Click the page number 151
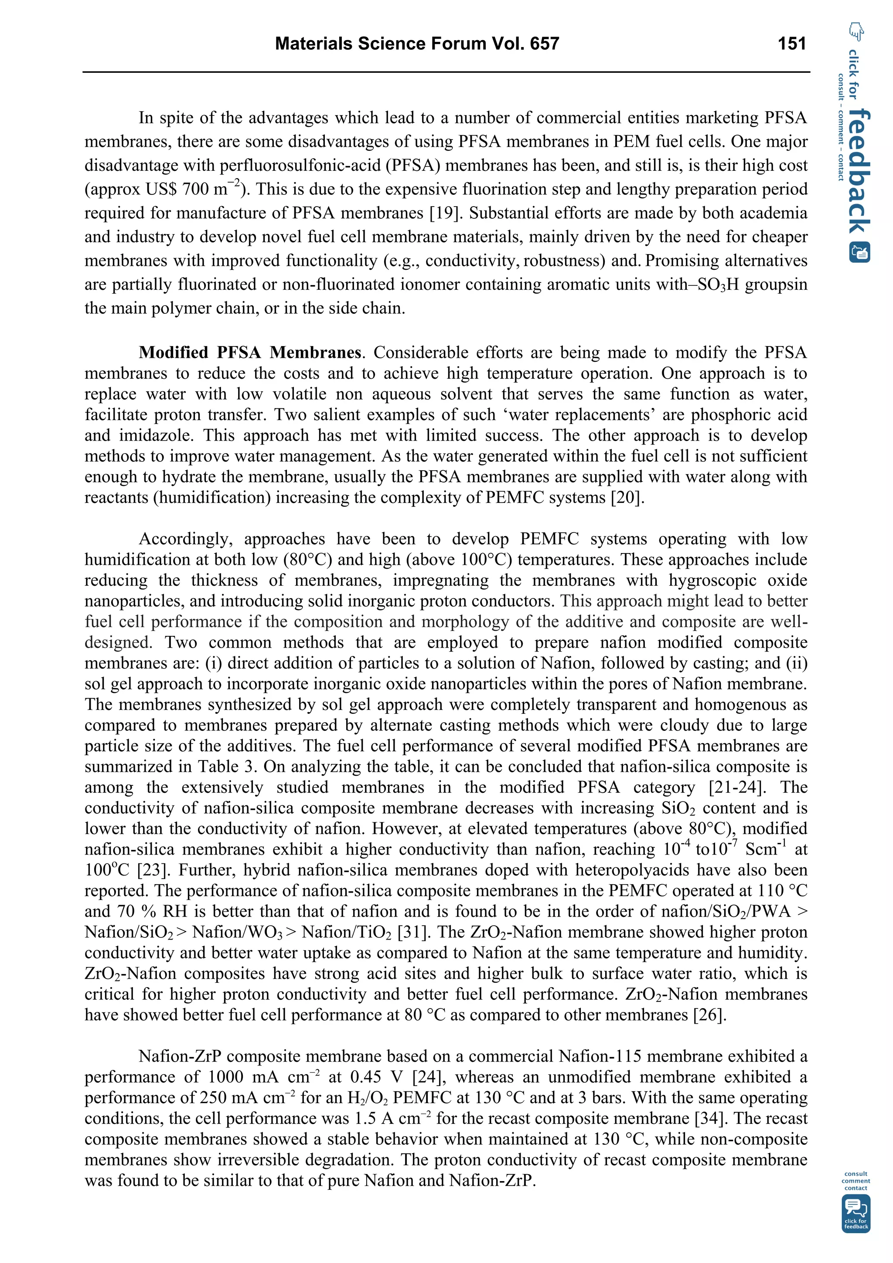tap(792, 44)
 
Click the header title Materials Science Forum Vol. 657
tap(416, 44)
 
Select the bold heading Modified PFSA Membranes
tap(250, 352)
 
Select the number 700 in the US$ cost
tap(195, 190)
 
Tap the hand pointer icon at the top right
tap(856, 31)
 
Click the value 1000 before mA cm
tap(227, 1077)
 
